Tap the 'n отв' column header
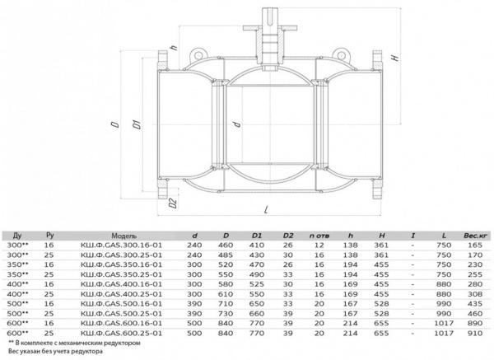click(319, 236)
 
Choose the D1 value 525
click(254, 284)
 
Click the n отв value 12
click(319, 246)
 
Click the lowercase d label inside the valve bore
click(235, 124)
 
